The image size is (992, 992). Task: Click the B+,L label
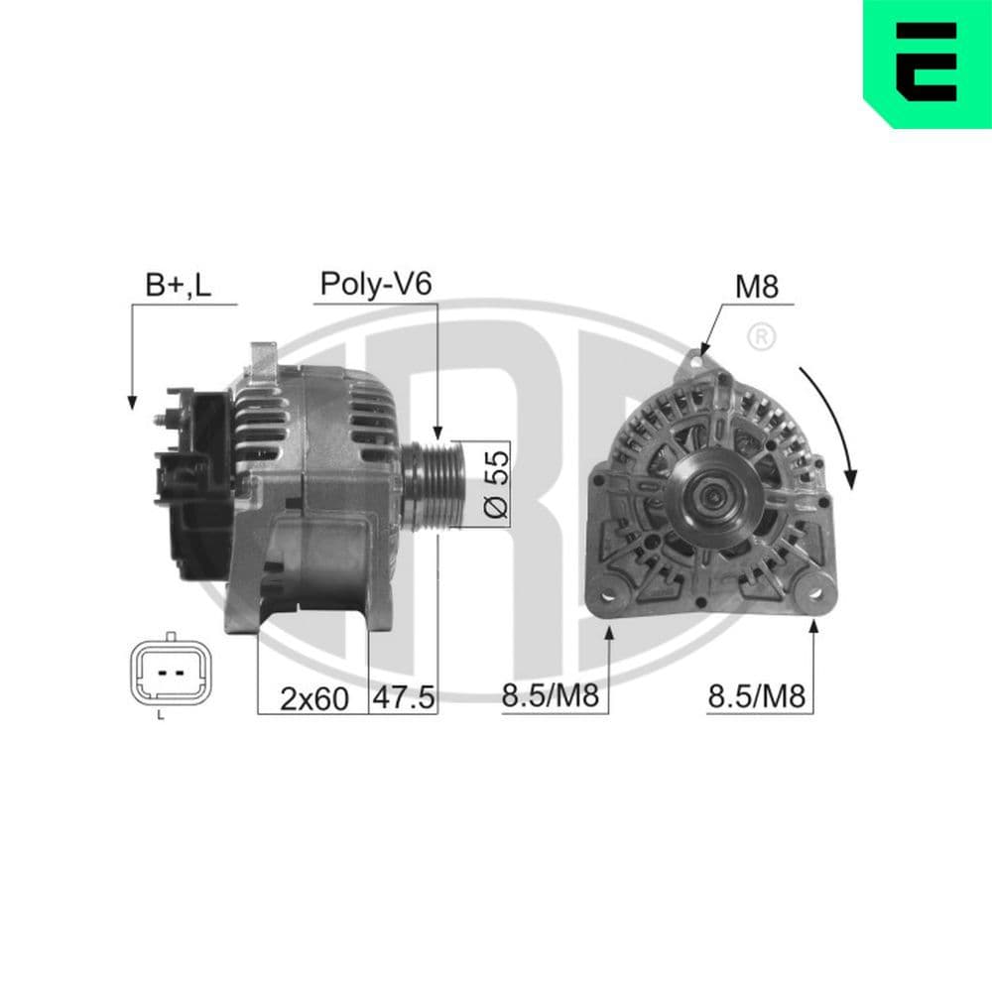tap(178, 286)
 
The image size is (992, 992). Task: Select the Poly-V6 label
tap(375, 286)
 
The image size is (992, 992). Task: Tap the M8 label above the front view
tap(756, 287)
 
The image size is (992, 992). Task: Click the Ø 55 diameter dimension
tap(496, 483)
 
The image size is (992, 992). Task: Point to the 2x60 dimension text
tap(313, 698)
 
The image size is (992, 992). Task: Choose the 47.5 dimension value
tap(403, 698)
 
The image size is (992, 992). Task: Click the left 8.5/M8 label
tap(550, 697)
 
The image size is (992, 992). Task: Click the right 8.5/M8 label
tap(756, 697)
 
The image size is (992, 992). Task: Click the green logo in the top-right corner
tap(929, 62)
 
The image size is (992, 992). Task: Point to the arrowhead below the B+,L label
tap(131, 401)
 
